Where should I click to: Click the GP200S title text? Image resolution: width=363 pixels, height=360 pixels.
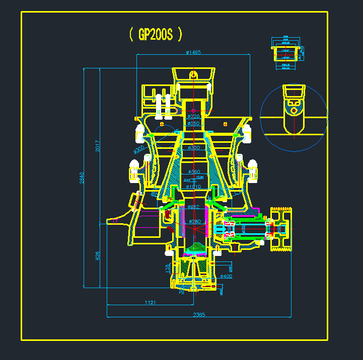pos(156,34)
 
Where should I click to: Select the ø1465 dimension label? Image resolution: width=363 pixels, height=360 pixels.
pos(193,52)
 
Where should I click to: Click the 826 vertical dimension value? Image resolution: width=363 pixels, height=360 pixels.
pos(97,255)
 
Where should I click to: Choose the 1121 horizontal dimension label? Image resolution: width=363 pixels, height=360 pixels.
pos(150,302)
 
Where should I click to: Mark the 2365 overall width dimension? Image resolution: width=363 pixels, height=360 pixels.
pos(199,315)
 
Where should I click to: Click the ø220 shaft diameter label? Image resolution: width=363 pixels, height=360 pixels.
pos(194,117)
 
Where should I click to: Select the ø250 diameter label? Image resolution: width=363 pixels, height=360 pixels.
pos(194,123)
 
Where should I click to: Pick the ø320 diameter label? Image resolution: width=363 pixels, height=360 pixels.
pos(194,148)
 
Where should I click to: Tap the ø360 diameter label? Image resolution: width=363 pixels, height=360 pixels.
pos(194,172)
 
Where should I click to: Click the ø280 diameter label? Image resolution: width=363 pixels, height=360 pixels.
pos(194,221)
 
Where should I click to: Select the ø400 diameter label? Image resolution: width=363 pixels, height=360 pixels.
pos(226,277)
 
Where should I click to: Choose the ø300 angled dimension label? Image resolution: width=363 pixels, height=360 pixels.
pos(138,150)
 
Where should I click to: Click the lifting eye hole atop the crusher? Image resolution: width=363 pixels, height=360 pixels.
pos(193,74)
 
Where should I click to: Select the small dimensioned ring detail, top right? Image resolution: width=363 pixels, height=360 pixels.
pos(286,52)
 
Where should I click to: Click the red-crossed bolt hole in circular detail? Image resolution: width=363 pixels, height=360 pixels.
pos(294,109)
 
